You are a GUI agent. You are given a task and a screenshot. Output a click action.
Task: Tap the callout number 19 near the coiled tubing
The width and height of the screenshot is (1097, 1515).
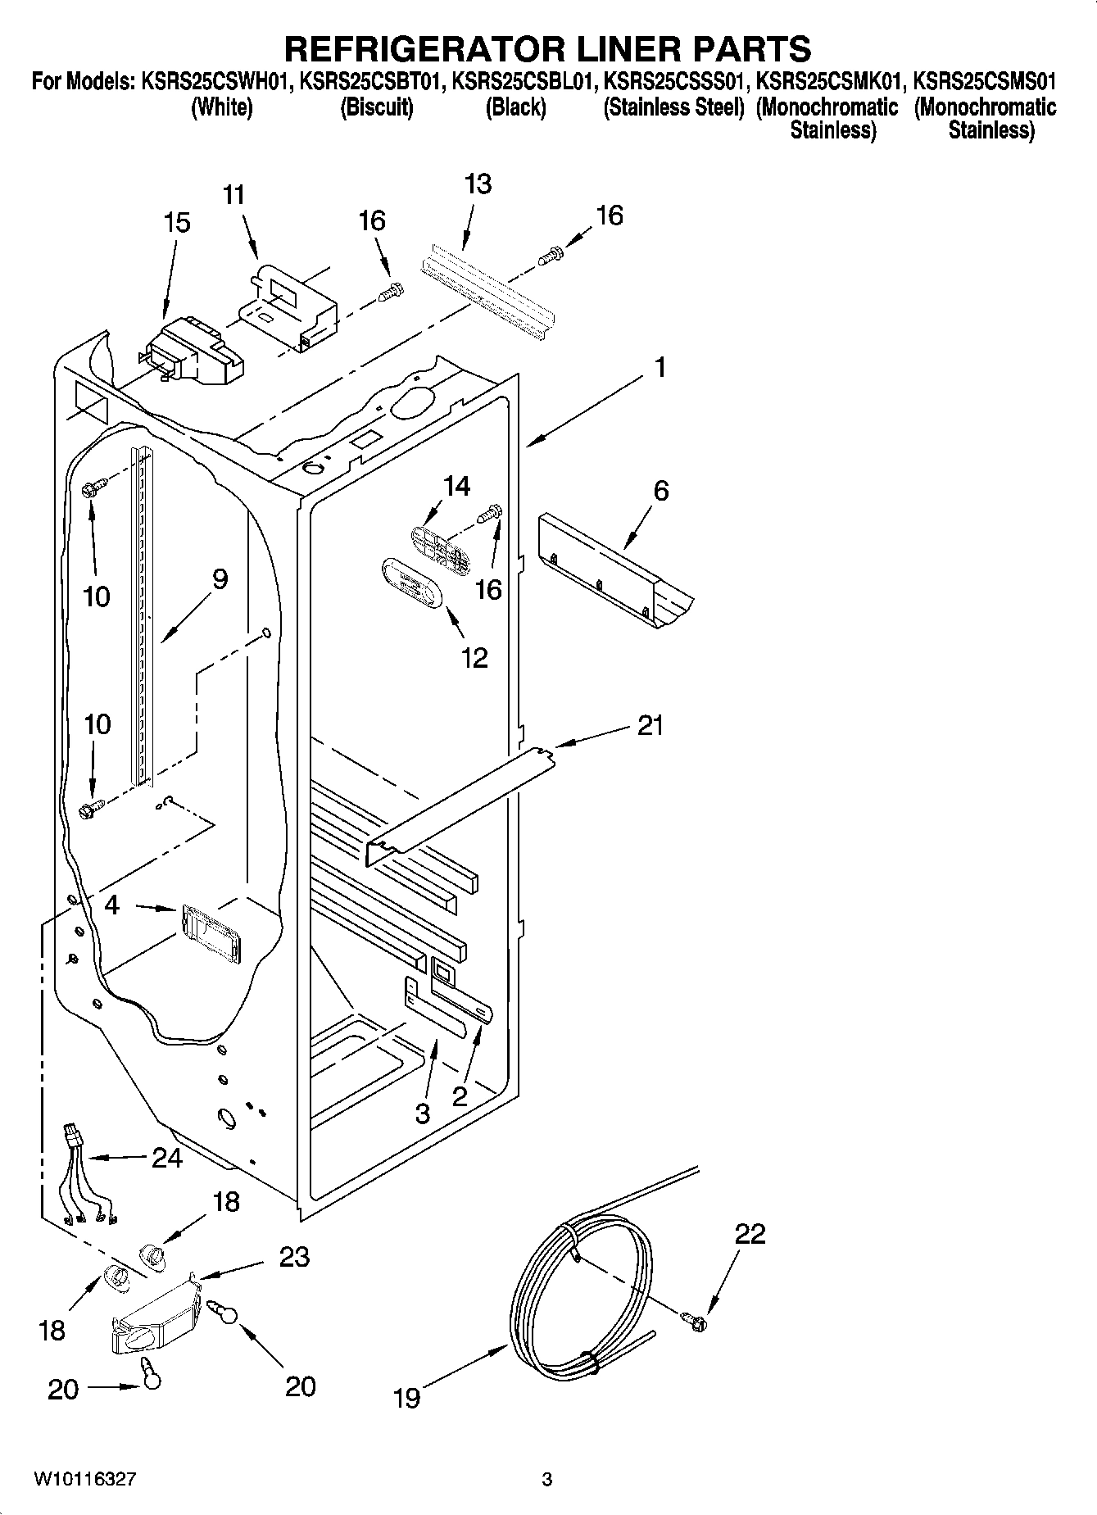click(x=406, y=1397)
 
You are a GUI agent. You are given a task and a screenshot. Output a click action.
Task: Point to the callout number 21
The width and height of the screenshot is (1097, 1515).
click(x=650, y=725)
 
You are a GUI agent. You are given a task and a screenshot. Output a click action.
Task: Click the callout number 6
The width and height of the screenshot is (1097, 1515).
click(x=660, y=491)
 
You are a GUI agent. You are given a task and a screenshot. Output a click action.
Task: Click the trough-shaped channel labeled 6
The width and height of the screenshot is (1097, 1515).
click(x=614, y=581)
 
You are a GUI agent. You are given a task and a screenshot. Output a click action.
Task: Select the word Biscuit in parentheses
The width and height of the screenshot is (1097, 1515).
click(x=376, y=107)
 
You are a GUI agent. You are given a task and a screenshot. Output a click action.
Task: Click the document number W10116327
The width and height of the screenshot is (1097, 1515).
click(x=84, y=1479)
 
